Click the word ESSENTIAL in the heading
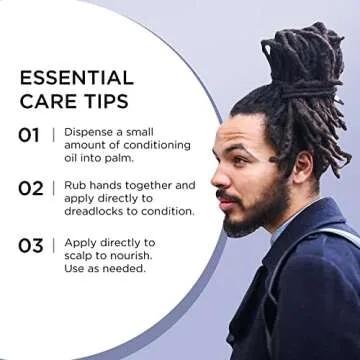[76, 78]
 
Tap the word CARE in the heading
[45, 101]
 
